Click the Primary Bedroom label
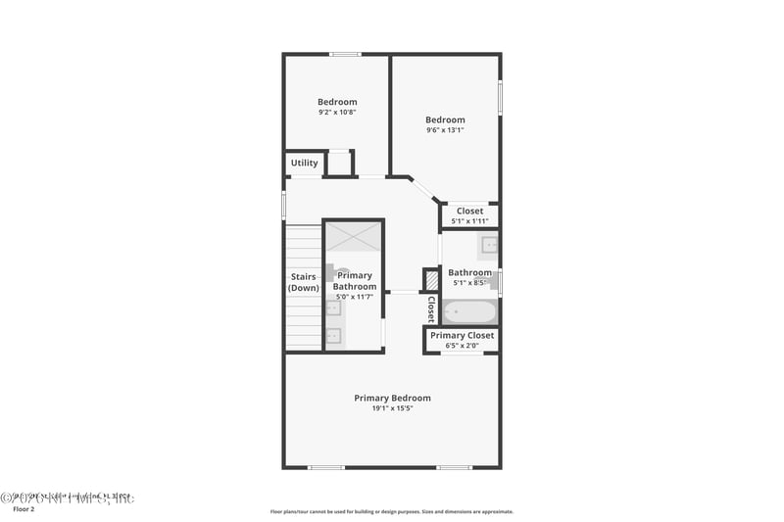click(x=392, y=398)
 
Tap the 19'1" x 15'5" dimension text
click(x=392, y=408)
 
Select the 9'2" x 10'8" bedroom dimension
click(x=337, y=113)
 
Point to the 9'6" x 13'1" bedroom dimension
click(x=445, y=130)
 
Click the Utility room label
click(x=304, y=163)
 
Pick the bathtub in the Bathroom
click(x=469, y=312)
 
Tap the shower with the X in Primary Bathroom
click(x=353, y=237)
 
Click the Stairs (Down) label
click(x=303, y=282)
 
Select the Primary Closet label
click(x=463, y=335)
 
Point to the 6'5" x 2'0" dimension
click(x=463, y=345)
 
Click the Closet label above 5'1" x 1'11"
click(x=469, y=211)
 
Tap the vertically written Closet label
click(x=430, y=308)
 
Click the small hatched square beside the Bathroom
click(x=430, y=279)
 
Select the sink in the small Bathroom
click(x=488, y=245)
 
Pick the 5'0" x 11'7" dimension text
click(x=355, y=297)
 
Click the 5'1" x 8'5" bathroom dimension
click(x=470, y=283)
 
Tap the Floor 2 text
click(x=23, y=509)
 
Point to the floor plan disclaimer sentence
click(x=391, y=511)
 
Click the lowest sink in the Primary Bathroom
click(x=333, y=336)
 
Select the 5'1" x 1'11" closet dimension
click(x=469, y=221)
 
